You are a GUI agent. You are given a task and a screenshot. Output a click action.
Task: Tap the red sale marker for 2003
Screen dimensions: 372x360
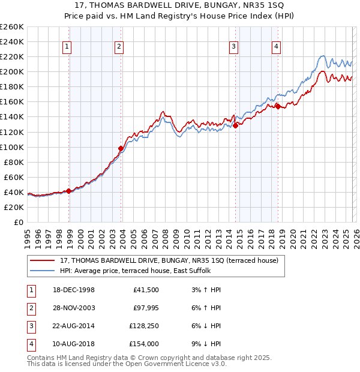[x=121, y=148]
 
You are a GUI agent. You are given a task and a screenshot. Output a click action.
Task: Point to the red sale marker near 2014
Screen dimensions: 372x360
[x=236, y=125]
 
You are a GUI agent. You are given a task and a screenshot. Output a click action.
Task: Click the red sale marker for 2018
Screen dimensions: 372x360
[x=278, y=106]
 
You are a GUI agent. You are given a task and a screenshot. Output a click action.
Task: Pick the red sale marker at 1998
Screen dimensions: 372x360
[x=69, y=191]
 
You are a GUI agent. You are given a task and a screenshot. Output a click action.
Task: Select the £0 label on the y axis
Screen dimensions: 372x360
[x=18, y=222]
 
